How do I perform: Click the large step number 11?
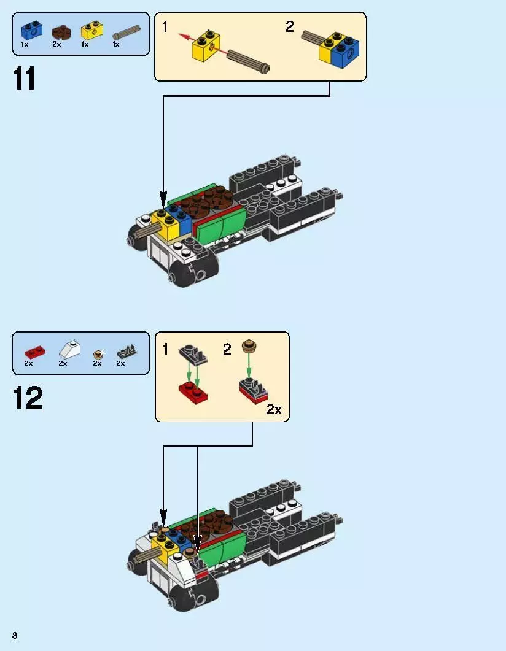coord(25,79)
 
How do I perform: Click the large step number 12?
coord(28,399)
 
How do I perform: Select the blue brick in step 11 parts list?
coord(30,30)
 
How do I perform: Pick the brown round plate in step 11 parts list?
coord(61,31)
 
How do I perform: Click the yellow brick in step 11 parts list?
coord(91,30)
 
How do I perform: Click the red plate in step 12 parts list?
coord(34,351)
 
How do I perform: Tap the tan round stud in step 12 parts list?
coord(97,353)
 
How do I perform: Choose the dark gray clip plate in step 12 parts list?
coord(126,351)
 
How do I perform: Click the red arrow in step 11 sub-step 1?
coord(187,39)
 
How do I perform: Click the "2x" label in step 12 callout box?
coord(274,410)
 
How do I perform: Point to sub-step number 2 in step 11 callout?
coord(290,27)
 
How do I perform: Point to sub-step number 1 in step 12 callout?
coord(165,350)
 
